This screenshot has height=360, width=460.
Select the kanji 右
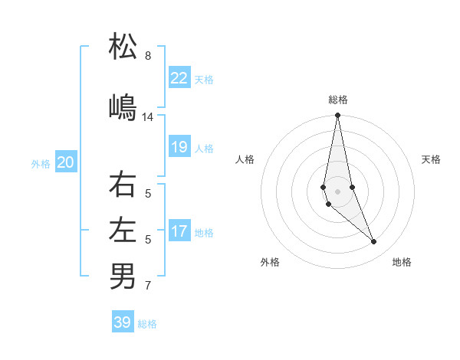tap(123, 185)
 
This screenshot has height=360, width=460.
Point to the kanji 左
tap(123, 229)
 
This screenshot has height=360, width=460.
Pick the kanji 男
tap(123, 275)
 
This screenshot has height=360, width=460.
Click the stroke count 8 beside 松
tap(148, 56)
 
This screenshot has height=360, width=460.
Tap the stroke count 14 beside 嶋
tap(148, 117)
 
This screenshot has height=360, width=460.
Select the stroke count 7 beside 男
tap(148, 286)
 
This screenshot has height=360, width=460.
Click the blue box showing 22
tap(179, 77)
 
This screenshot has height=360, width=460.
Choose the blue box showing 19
tap(179, 147)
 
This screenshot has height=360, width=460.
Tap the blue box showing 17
tap(179, 231)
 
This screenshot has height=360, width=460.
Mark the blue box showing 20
tap(66, 162)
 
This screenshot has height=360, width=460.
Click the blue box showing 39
tap(123, 322)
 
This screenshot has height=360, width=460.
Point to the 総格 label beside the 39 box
tap(147, 324)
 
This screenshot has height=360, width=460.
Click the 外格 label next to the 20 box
tap(41, 163)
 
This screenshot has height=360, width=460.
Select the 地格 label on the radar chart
tap(402, 262)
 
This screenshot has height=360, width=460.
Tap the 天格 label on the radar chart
tap(431, 159)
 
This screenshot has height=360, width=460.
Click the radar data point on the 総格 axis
tap(337, 116)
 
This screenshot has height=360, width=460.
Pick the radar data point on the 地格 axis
tap(373, 242)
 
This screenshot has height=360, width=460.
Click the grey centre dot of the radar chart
tap(337, 191)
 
